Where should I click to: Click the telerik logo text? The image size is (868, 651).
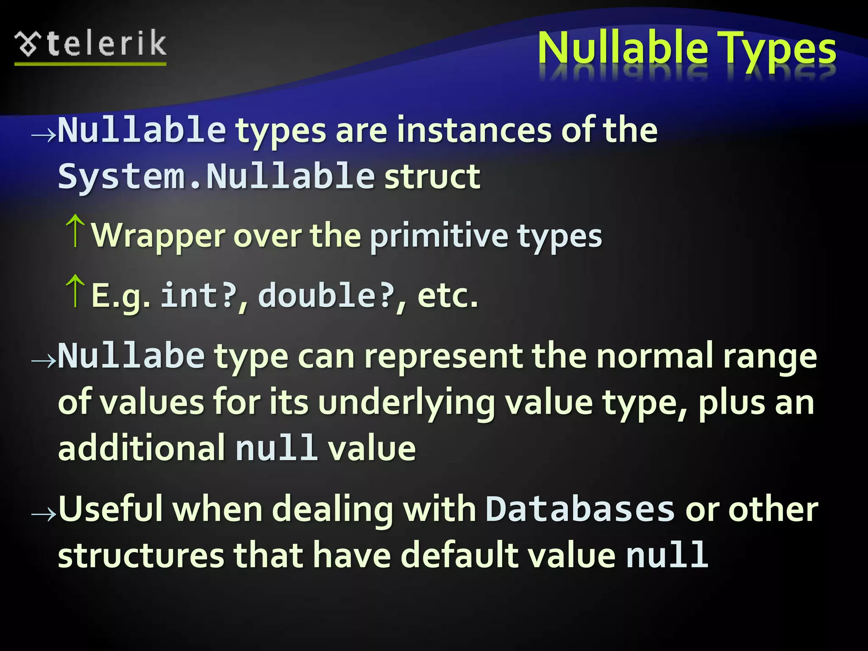click(x=107, y=44)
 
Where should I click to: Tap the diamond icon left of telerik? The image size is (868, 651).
click(x=28, y=44)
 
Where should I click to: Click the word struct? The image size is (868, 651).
click(x=432, y=176)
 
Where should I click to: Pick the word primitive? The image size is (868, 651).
click(x=439, y=236)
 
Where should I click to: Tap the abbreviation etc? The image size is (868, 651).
click(x=448, y=296)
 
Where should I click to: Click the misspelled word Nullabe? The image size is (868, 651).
click(x=131, y=356)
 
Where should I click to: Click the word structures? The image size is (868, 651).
click(x=141, y=555)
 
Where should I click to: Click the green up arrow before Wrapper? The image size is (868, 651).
click(x=75, y=231)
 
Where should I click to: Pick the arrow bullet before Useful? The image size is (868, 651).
click(x=44, y=514)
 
